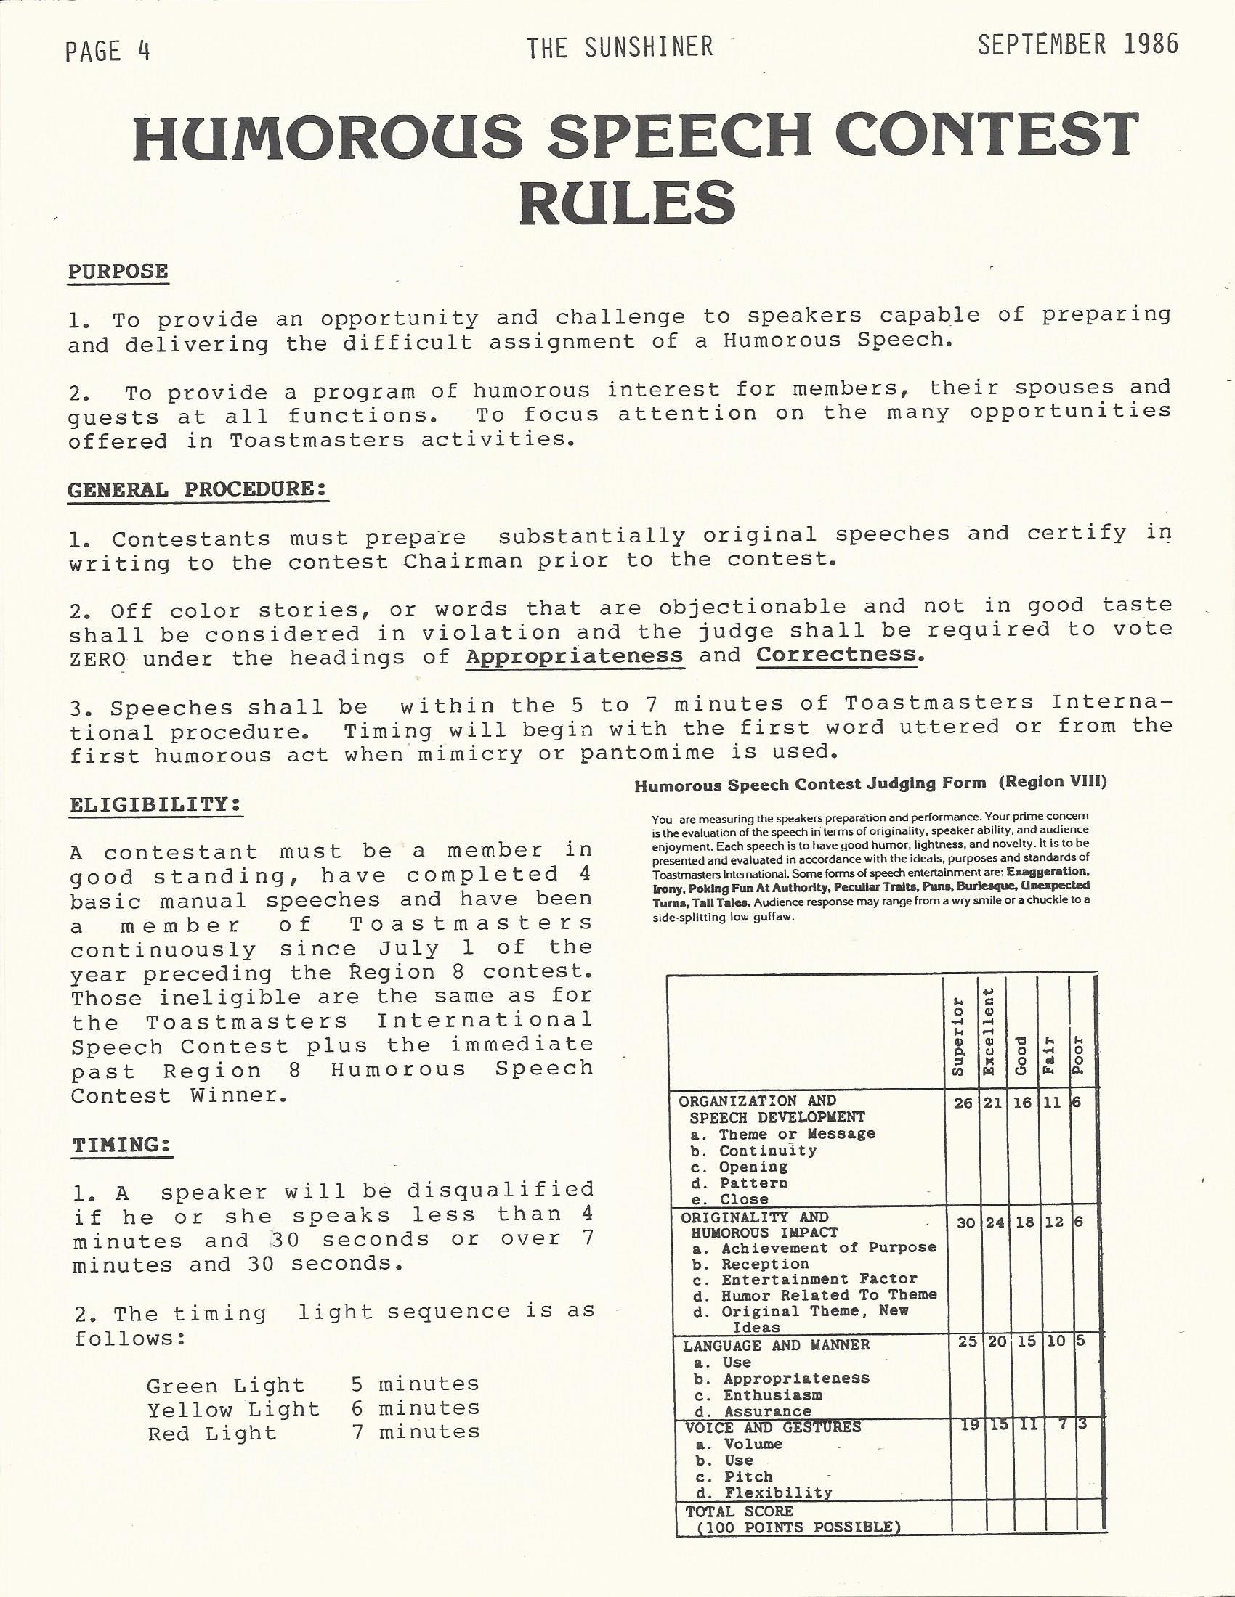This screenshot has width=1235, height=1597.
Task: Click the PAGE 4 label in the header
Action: (108, 52)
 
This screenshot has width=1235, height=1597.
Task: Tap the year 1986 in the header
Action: (1149, 45)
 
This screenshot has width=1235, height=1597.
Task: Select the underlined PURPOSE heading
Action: (118, 271)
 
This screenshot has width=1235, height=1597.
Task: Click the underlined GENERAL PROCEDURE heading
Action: (197, 489)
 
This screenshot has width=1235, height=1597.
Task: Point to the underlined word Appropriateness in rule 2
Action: (575, 655)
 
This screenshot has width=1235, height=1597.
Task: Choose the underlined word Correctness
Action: (835, 654)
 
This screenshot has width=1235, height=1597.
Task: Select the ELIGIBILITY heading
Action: (156, 804)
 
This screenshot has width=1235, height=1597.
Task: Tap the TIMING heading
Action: (123, 1145)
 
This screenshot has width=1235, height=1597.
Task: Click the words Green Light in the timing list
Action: (225, 1386)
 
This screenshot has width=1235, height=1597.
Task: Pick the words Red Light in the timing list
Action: (212, 1434)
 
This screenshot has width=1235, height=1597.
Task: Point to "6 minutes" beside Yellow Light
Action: (415, 1408)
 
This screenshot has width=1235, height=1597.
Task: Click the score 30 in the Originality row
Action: (965, 1223)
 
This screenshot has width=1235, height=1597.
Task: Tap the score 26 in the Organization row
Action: (963, 1103)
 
